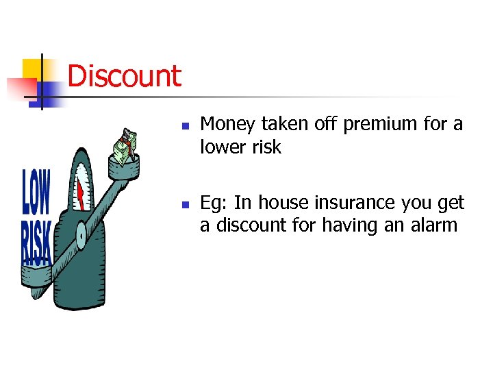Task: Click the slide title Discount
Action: coord(125,76)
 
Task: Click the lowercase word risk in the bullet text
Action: coord(266,147)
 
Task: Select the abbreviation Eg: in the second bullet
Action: coord(214,203)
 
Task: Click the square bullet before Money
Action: coord(185,127)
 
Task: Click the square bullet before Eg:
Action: coord(185,205)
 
